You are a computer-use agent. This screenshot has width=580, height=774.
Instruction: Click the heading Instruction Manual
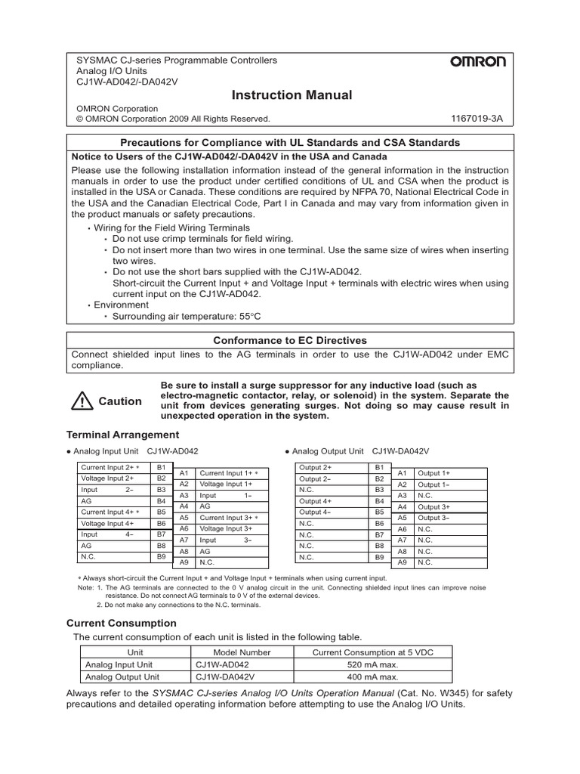coord(280,95)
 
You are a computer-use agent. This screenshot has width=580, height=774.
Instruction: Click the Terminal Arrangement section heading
coord(123,435)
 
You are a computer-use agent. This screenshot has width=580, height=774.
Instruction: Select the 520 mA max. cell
coord(372,665)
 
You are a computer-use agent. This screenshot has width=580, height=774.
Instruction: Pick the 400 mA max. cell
coord(372,677)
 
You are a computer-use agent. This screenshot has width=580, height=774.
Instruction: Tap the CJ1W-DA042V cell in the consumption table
coord(227,677)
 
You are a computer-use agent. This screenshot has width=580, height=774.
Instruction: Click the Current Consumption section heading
coord(122,623)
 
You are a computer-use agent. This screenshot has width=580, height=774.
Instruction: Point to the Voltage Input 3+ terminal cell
coord(226,529)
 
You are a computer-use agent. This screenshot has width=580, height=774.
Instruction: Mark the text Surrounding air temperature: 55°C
coord(189,317)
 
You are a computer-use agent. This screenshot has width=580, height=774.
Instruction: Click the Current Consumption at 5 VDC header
coord(372,652)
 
